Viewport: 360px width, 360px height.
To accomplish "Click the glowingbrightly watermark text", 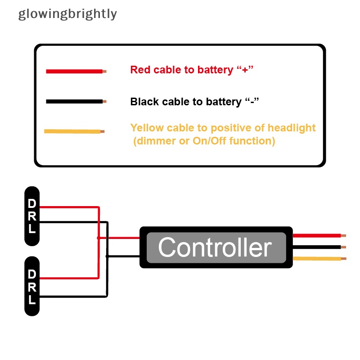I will point(67,14).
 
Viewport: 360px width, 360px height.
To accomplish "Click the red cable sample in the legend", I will point(74,71).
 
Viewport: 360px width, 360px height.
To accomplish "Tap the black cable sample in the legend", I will point(74,102).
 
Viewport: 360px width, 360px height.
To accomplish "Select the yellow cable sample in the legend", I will point(72,131).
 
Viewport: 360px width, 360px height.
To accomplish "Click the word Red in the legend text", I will point(140,70).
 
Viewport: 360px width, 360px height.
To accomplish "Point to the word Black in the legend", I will point(144,102).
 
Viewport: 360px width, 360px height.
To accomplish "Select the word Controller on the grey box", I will point(215,247).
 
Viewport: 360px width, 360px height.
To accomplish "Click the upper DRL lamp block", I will point(32,216).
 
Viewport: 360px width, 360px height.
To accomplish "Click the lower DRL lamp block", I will point(32,286).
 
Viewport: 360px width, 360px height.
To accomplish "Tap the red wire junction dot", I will point(99,238).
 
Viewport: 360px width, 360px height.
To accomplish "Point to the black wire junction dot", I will point(107,256).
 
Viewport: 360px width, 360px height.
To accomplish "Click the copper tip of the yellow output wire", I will point(344,259).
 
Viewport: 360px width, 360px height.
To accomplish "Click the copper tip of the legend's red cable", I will point(104,71).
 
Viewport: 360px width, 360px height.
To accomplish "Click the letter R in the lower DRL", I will point(32,287).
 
